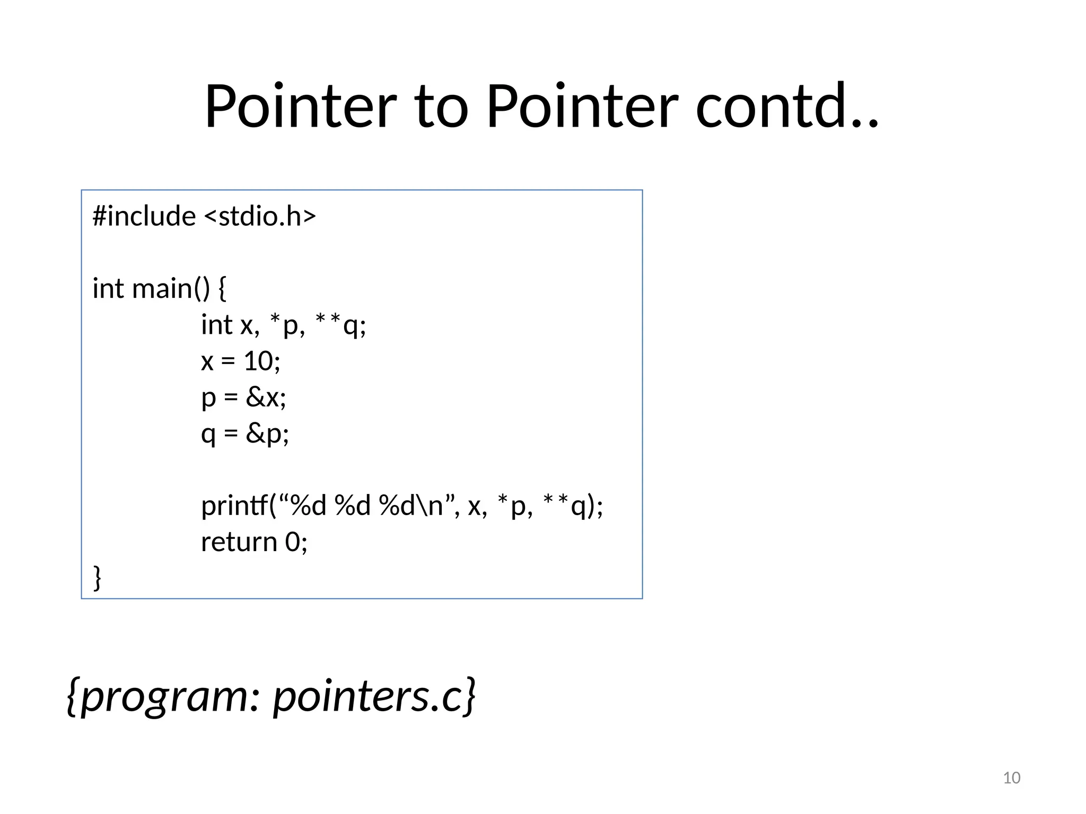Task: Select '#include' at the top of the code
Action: tap(144, 216)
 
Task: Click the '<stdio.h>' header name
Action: tap(260, 216)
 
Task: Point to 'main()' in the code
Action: tap(171, 289)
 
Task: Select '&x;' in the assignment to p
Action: tap(266, 397)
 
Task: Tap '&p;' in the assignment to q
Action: tap(267, 434)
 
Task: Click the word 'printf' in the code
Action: tap(235, 506)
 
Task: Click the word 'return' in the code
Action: tap(239, 542)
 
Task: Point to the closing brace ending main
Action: tap(98, 577)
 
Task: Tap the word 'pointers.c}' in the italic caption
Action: tap(374, 696)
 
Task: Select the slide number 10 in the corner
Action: tap(1012, 778)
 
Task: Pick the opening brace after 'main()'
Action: tap(222, 289)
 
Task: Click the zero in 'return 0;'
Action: tap(293, 542)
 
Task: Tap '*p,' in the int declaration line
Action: tap(287, 325)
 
